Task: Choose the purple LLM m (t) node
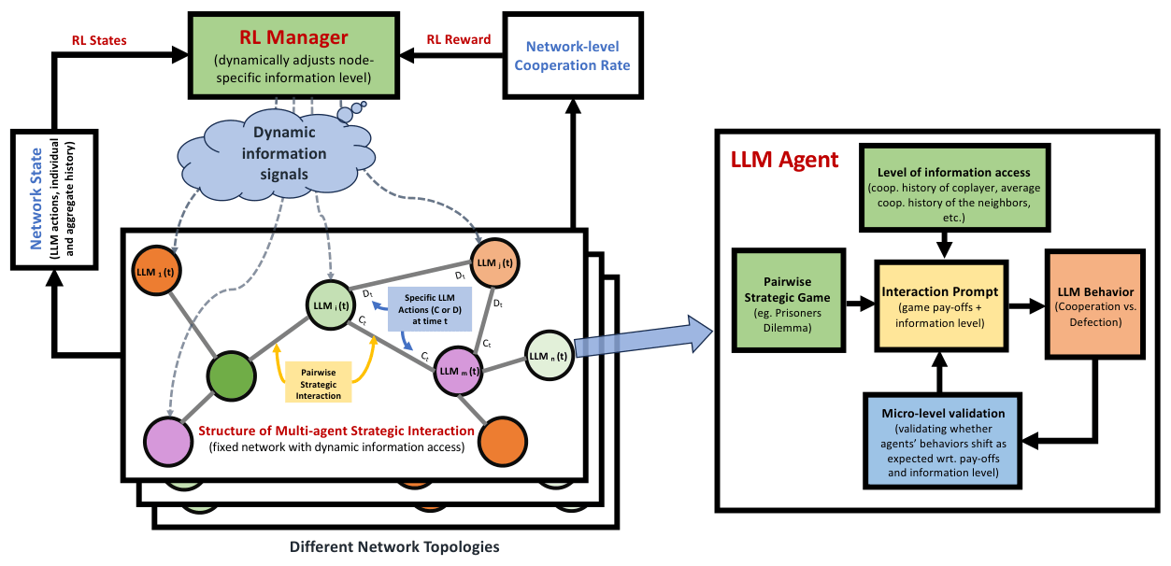[x=462, y=371]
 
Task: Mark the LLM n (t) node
[x=547, y=355]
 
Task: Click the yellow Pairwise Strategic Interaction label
[x=318, y=384]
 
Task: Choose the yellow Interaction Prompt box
[x=941, y=304]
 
